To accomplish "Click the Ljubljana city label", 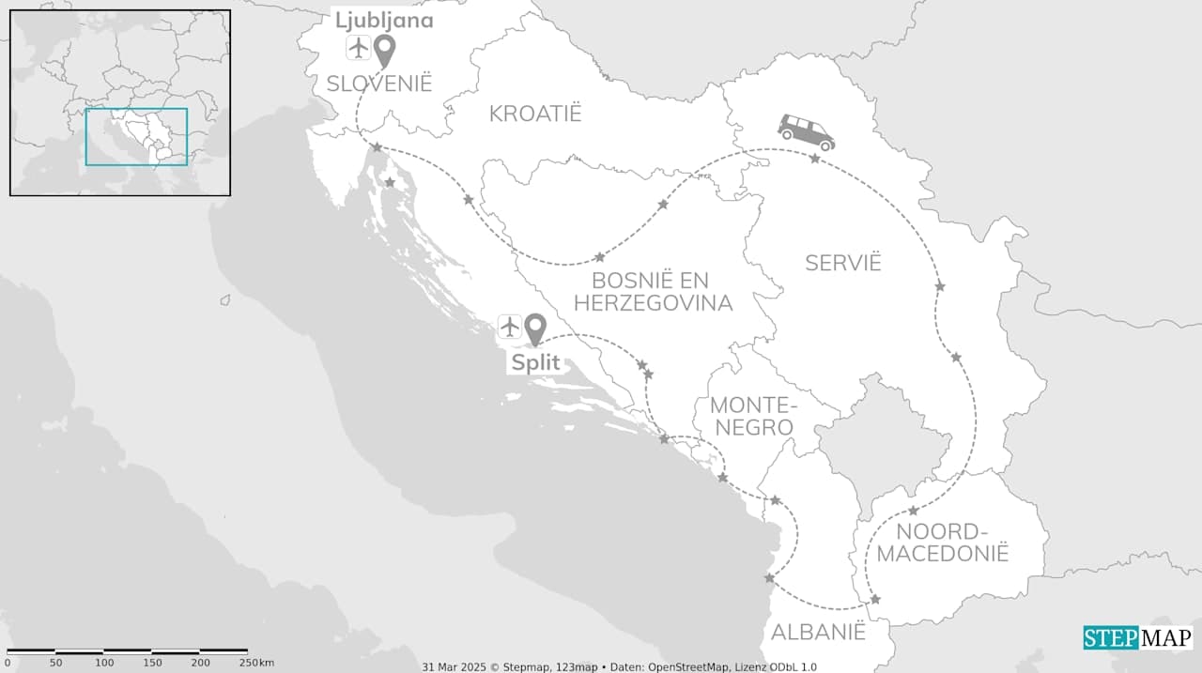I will point(384,21).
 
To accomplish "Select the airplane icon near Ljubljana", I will point(357,47).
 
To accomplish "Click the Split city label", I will point(535,362).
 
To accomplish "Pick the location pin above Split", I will point(535,329).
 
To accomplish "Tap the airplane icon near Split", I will point(509,327).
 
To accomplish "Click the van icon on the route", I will point(806,131).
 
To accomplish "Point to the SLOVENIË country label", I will point(379,84).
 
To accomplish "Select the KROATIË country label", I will point(535,115).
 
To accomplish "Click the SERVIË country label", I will point(843,263).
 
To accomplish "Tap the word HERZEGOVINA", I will point(653,303).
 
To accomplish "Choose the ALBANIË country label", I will point(818,633).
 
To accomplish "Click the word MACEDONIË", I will point(942,554).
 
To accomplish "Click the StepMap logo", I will point(1137,638).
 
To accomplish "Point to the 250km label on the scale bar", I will point(253,664).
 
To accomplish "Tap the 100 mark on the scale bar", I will point(104,664).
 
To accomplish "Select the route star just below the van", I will point(814,159).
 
